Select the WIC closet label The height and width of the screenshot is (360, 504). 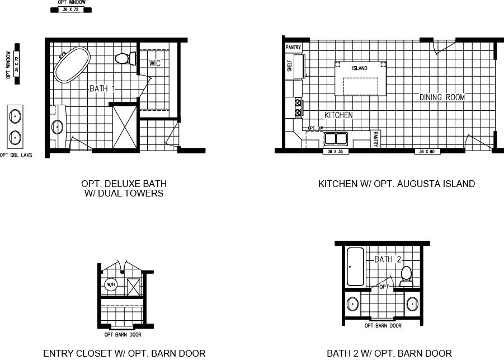pos(155,63)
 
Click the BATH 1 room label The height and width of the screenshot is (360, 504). pos(102,88)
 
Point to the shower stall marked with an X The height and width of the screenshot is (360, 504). pos(124,127)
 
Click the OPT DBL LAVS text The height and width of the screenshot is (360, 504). pos(15,156)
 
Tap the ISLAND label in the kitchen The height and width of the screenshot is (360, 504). pos(360,68)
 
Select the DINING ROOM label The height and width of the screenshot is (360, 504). pos(442,97)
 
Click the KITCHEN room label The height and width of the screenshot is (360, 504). pos(339,115)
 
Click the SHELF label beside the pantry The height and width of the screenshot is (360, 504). pos(289,67)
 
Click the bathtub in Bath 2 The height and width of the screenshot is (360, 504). pos(356,267)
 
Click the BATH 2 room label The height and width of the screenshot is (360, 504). pos(388,259)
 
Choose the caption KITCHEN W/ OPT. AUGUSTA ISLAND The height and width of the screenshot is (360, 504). pos(396,184)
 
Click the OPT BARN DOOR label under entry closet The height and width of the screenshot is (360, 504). pos(123,335)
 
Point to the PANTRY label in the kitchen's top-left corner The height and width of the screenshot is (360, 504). pos(294,48)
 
